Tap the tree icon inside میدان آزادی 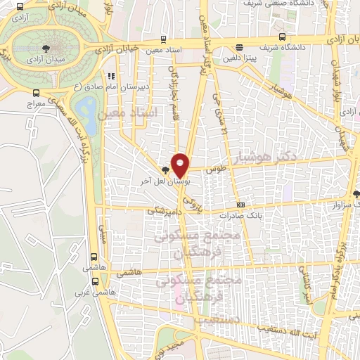(x=46, y=48)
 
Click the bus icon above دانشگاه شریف (x=282, y=37)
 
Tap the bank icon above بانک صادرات (x=241, y=205)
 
